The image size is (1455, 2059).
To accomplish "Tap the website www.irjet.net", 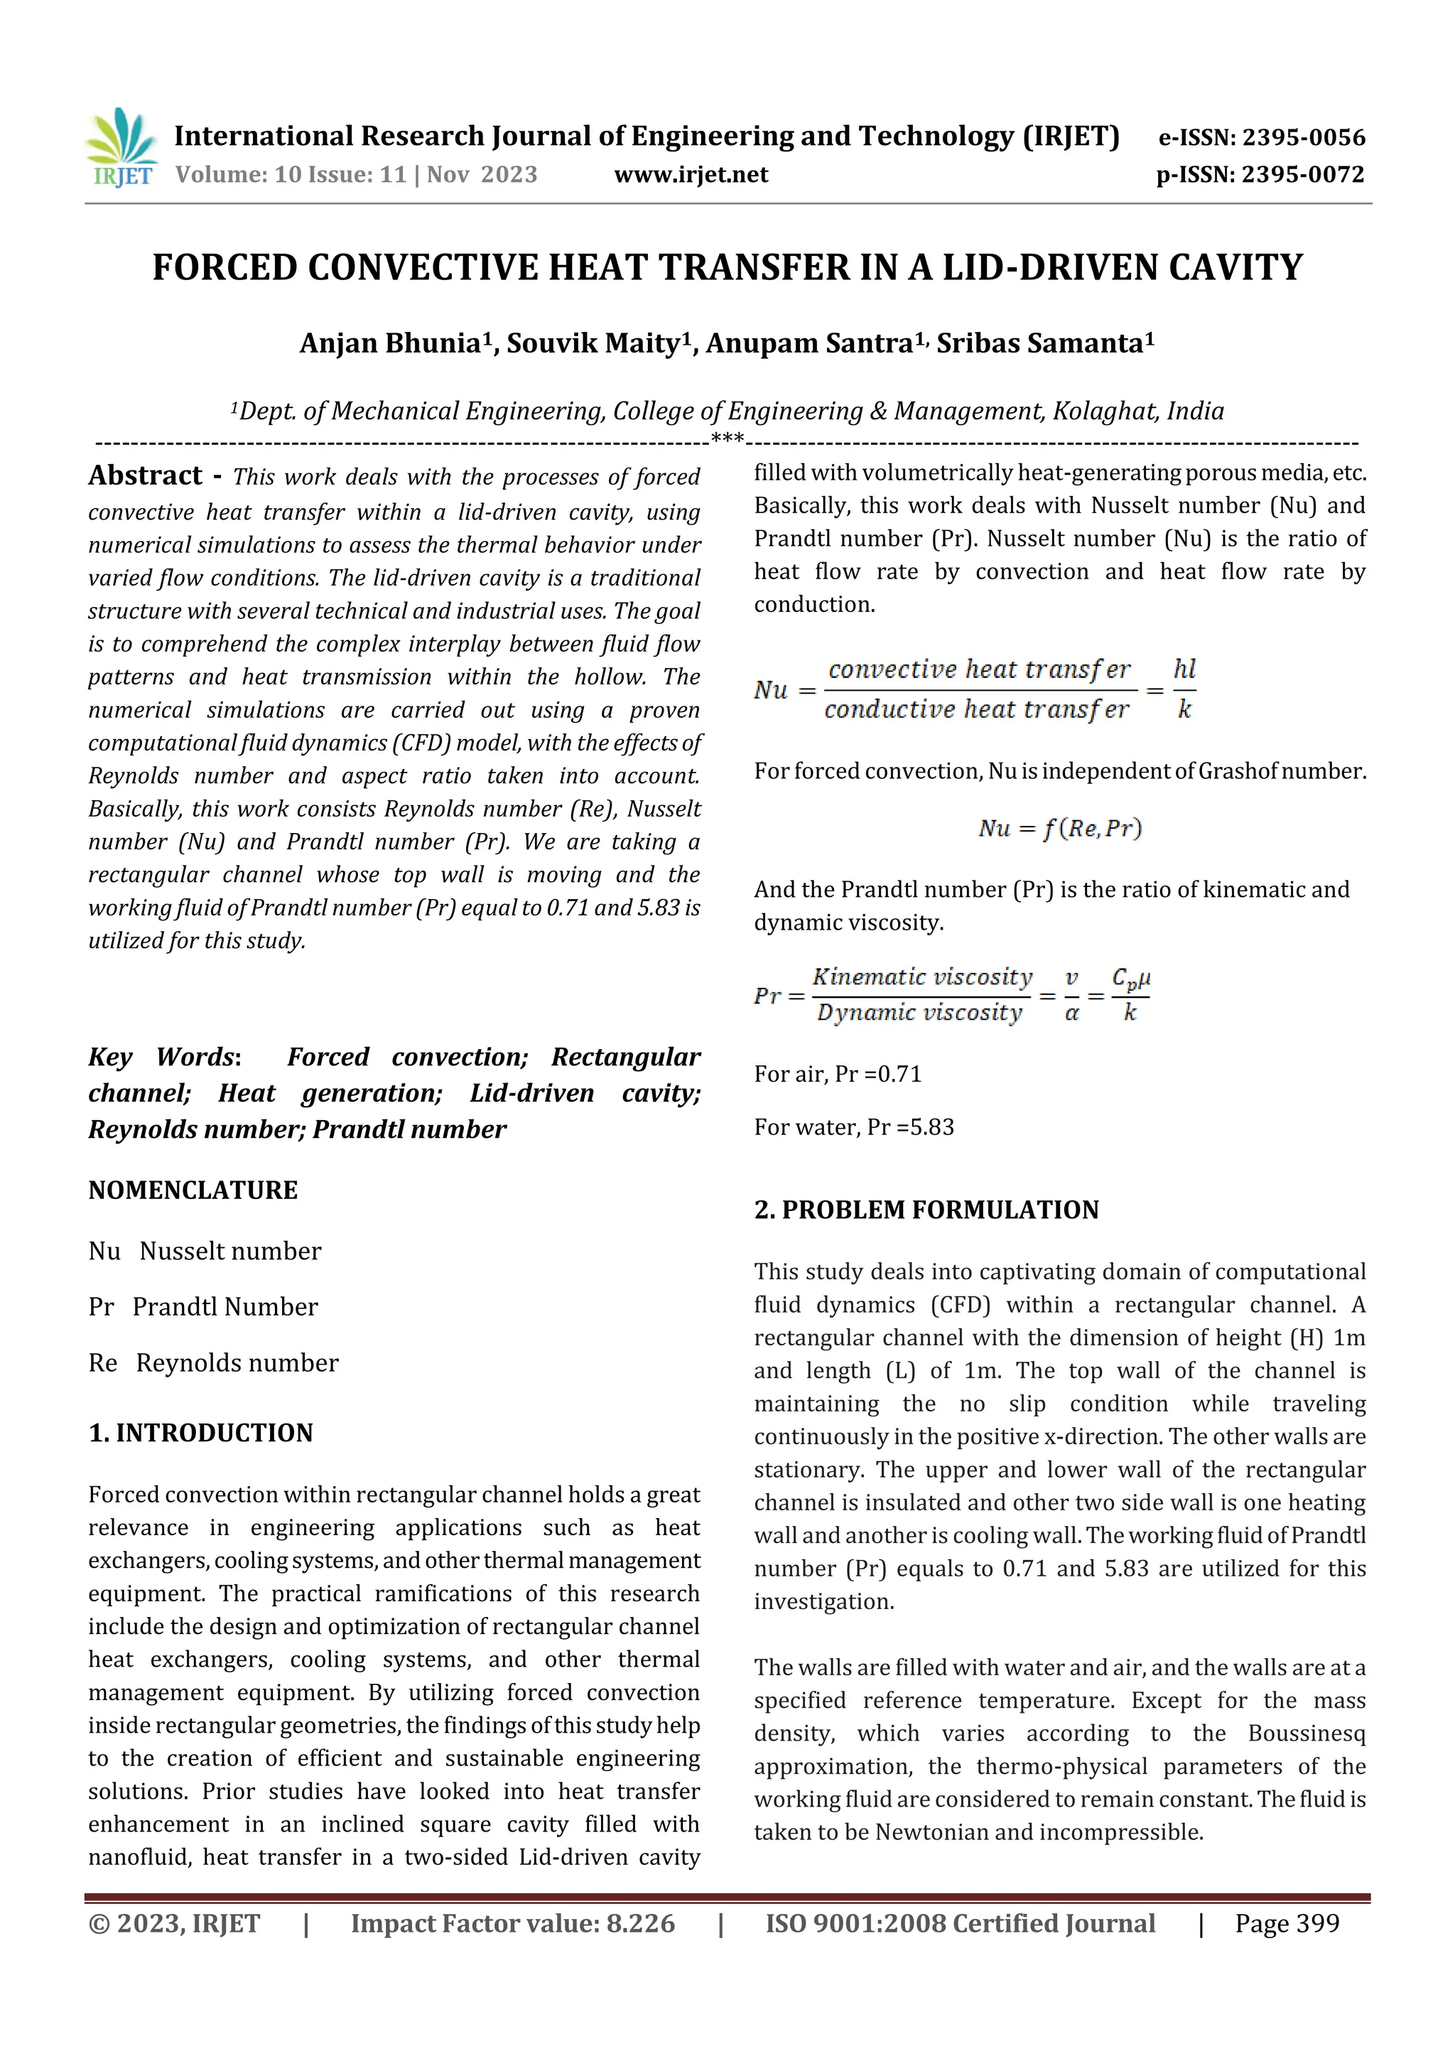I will [691, 174].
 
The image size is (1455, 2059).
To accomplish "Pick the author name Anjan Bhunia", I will [391, 343].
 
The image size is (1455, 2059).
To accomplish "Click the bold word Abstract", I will [145, 475].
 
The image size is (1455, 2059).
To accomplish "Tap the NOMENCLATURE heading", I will [193, 1190].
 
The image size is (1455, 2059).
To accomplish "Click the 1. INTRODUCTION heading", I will [201, 1432].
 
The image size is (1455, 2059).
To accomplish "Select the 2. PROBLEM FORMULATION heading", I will [926, 1210].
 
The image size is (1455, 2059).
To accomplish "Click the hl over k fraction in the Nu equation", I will [1184, 689].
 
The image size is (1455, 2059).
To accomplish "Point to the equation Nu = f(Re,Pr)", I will [1060, 828].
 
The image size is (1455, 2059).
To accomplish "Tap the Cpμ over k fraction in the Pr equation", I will [1130, 994].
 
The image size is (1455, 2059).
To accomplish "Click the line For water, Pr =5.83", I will [853, 1127].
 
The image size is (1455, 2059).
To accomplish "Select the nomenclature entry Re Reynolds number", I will [213, 1363].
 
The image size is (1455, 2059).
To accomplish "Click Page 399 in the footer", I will [1287, 1923].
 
